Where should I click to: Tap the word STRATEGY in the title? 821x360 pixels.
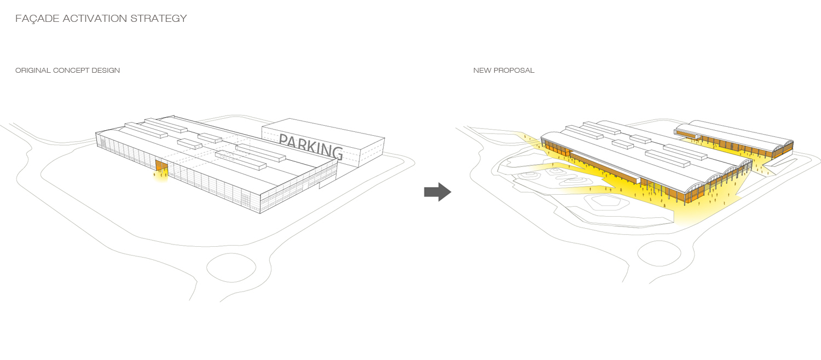click(159, 19)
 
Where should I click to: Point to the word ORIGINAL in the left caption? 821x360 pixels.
click(32, 71)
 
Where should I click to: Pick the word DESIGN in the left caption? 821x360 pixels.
click(107, 71)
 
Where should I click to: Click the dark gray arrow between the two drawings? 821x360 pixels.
click(437, 192)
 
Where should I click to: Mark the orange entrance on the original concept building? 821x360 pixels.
click(161, 166)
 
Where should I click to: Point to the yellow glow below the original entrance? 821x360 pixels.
click(161, 177)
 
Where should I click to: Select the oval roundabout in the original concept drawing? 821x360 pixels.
click(231, 268)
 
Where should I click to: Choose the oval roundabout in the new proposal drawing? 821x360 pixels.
click(659, 252)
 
